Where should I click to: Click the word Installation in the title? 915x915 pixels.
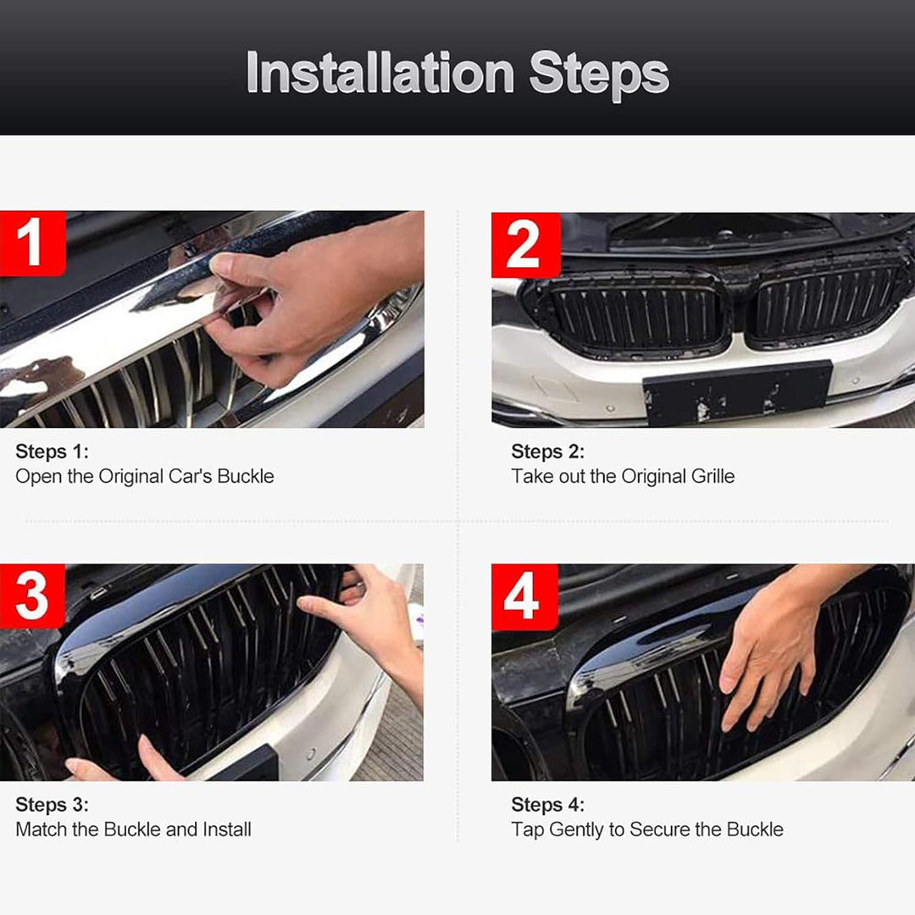click(380, 73)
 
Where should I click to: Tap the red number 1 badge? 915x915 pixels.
click(32, 243)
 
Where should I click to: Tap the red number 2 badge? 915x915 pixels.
click(526, 245)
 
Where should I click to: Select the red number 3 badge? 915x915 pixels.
click(32, 596)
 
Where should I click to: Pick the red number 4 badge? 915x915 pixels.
click(524, 597)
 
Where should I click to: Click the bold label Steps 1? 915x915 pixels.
click(52, 452)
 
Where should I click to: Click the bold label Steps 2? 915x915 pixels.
click(547, 452)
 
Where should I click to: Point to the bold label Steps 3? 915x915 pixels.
click(52, 805)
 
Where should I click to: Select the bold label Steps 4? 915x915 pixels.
click(547, 805)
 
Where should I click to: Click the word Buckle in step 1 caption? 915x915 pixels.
click(245, 476)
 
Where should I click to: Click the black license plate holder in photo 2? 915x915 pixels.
click(737, 391)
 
